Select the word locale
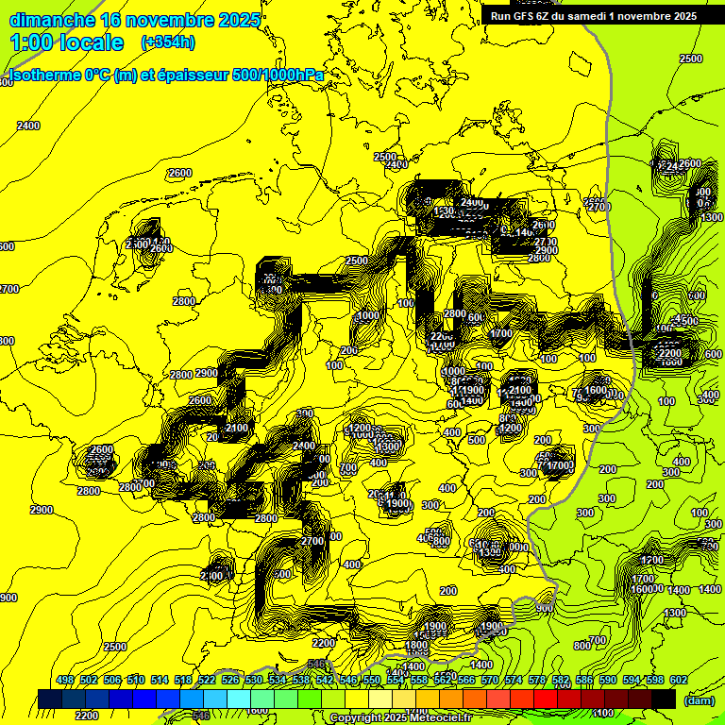(x=92, y=43)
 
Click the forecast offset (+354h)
(x=168, y=42)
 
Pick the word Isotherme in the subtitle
(x=43, y=76)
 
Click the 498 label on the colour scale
(x=65, y=681)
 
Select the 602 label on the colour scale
(x=677, y=681)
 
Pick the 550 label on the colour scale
(x=372, y=681)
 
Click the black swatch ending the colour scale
(x=664, y=699)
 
